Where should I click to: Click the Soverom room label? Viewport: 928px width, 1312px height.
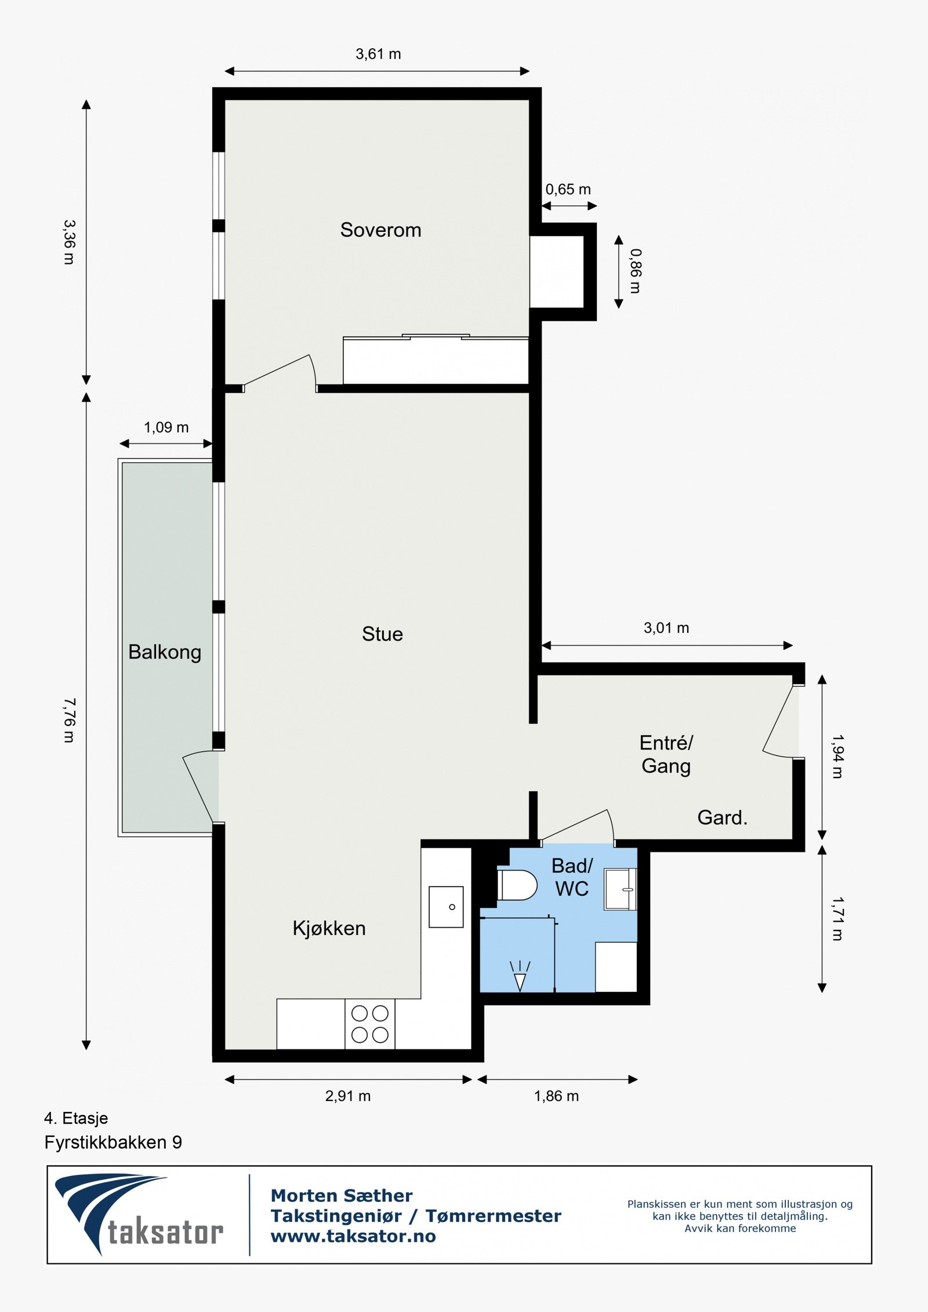[380, 230]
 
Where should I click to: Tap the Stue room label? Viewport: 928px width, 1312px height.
[382, 634]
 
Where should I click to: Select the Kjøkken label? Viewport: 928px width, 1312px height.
[329, 928]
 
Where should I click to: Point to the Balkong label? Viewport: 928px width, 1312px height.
[165, 652]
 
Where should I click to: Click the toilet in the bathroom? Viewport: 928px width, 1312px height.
[517, 885]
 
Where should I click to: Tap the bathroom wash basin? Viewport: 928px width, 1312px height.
[621, 889]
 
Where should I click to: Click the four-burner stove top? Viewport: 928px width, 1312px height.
[370, 1024]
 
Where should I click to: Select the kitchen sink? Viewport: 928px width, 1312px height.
[446, 907]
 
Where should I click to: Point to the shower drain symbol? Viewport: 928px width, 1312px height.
[520, 976]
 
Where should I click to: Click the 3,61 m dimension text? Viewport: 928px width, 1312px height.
[378, 54]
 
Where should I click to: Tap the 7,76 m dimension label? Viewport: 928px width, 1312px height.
[69, 720]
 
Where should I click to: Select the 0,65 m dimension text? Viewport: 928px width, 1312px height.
[568, 190]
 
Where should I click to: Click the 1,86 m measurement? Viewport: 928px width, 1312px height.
[556, 1096]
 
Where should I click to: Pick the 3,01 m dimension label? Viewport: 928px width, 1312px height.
[666, 628]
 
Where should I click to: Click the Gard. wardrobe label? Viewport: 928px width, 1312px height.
[722, 817]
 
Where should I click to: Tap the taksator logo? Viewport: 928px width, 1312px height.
[139, 1215]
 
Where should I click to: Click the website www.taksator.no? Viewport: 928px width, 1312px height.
[353, 1236]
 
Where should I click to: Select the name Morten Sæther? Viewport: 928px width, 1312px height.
[342, 1195]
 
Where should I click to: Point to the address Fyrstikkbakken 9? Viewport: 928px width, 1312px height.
[113, 1142]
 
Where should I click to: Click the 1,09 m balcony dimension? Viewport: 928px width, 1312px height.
[166, 427]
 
